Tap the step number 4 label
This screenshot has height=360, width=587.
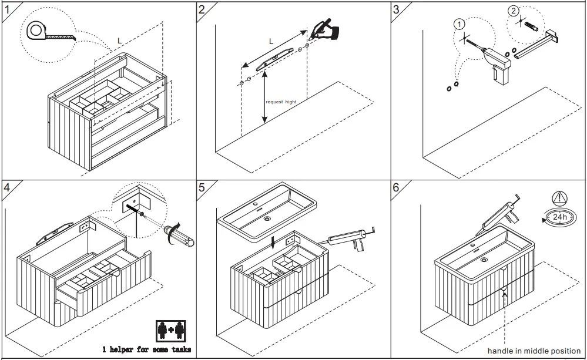pyautogui.click(x=6, y=188)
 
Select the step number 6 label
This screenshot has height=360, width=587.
pyautogui.click(x=396, y=188)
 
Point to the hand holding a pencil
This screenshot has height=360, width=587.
pyautogui.click(x=327, y=29)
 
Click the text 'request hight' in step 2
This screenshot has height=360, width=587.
pyautogui.click(x=281, y=102)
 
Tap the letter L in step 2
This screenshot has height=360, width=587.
pyautogui.click(x=271, y=41)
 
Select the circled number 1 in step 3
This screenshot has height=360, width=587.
pyautogui.click(x=459, y=24)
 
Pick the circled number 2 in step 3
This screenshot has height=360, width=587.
pyautogui.click(x=514, y=11)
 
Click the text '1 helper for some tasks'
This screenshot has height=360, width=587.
pyautogui.click(x=147, y=349)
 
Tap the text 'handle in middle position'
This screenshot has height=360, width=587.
pyautogui.click(x=534, y=351)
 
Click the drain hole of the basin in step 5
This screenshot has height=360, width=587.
pyautogui.click(x=267, y=218)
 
